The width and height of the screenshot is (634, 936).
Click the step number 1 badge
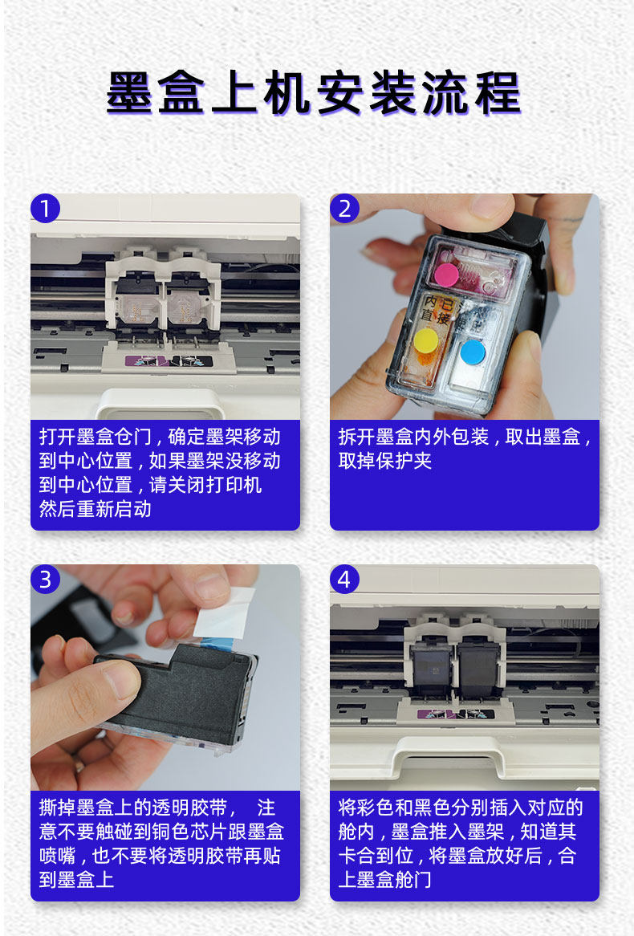click(46, 209)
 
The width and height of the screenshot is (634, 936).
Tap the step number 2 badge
click(344, 209)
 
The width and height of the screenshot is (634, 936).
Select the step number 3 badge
click(46, 579)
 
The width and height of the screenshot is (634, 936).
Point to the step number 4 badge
click(344, 579)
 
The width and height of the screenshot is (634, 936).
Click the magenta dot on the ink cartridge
click(446, 275)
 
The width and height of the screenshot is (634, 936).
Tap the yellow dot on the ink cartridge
click(426, 340)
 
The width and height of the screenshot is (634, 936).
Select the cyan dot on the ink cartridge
click(472, 352)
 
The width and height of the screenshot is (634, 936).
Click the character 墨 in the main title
click(130, 93)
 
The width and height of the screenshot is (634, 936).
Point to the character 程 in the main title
click(498, 93)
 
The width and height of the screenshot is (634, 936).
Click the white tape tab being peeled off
click(225, 612)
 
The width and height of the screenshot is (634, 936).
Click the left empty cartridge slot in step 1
click(137, 302)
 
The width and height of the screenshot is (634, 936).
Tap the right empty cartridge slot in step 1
click(188, 302)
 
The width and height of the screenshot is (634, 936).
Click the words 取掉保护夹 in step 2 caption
click(385, 461)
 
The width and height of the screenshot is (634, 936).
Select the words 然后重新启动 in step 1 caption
click(96, 509)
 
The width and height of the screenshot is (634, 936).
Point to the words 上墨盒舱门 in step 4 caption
click(385, 879)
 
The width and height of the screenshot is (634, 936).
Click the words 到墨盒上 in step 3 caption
click(76, 879)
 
